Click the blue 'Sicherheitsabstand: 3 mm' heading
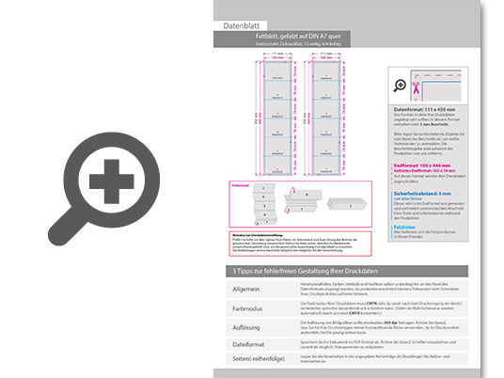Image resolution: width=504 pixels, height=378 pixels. click(427, 191)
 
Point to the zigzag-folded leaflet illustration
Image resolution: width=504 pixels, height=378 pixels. click(325, 198)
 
